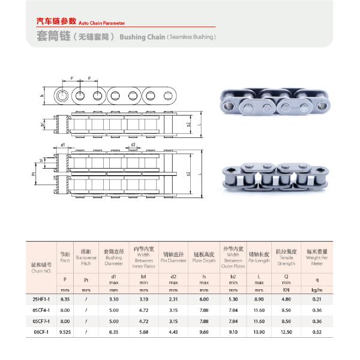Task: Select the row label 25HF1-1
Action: [x=41, y=299]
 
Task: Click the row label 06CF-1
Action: [x=41, y=331]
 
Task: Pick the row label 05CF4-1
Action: [x=41, y=310]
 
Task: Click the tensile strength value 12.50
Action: [x=286, y=331]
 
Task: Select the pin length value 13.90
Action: [x=258, y=331]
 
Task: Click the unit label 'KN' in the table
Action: [x=286, y=289]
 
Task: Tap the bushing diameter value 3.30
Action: [x=113, y=299]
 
